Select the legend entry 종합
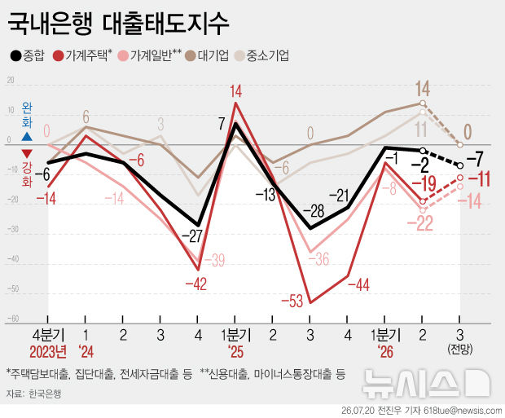point(27,55)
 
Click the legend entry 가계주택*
point(83,55)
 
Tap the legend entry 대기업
point(208,55)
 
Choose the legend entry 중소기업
point(262,55)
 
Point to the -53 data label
point(292,301)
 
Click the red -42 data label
point(195,284)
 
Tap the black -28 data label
point(314,211)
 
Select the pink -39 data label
point(214,261)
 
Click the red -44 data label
point(358,285)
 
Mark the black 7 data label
point(222,124)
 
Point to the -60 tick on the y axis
point(13,319)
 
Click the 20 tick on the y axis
point(11,80)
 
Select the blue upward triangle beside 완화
point(27,137)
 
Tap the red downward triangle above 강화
point(27,153)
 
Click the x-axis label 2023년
point(48,352)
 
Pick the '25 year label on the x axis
point(235,352)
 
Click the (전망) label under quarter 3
point(460,350)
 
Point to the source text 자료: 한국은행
point(33,394)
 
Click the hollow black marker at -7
point(460,165)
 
